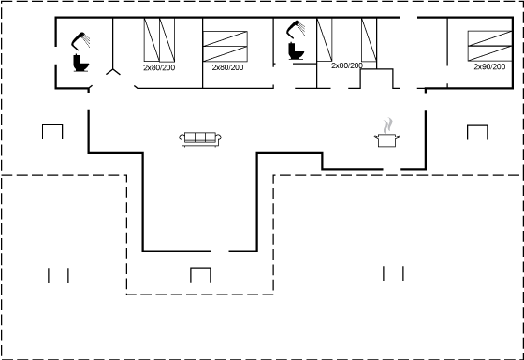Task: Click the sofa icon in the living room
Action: click(x=200, y=139)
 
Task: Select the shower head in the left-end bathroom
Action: click(x=80, y=41)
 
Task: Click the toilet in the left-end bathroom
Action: click(x=80, y=64)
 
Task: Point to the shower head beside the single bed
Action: click(x=296, y=29)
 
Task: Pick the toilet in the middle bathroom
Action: click(x=296, y=51)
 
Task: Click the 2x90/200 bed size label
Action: click(x=489, y=66)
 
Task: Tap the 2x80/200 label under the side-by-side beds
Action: click(x=159, y=67)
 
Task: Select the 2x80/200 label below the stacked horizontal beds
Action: click(x=227, y=67)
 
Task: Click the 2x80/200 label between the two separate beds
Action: click(x=347, y=65)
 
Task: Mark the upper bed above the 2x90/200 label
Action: click(x=489, y=38)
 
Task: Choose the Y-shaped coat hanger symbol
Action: click(x=113, y=71)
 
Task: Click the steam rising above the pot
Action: click(x=387, y=125)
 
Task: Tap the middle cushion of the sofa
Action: click(x=200, y=137)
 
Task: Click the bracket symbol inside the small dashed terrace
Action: click(x=200, y=275)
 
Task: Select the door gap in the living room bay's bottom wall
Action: click(x=220, y=251)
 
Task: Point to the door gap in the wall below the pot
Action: click(x=392, y=169)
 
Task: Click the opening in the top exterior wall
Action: click(x=408, y=17)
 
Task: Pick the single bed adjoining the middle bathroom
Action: click(x=325, y=39)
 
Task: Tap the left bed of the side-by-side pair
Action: click(x=152, y=40)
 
